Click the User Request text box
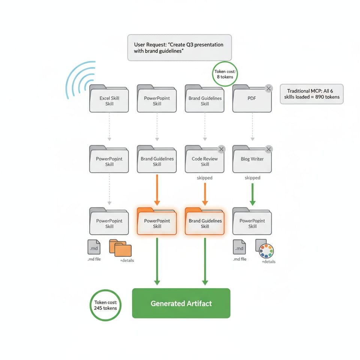[x=179, y=48]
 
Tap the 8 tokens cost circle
[x=224, y=74]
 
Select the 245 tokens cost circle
[x=105, y=305]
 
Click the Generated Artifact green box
[x=181, y=303]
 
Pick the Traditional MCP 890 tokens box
[x=312, y=94]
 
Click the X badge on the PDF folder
[x=268, y=89]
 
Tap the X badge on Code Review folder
[x=221, y=149]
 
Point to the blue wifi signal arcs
[x=79, y=79]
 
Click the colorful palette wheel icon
[x=266, y=251]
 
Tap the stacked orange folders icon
[x=121, y=248]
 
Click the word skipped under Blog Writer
[x=252, y=178]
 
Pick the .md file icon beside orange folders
[x=94, y=247]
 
